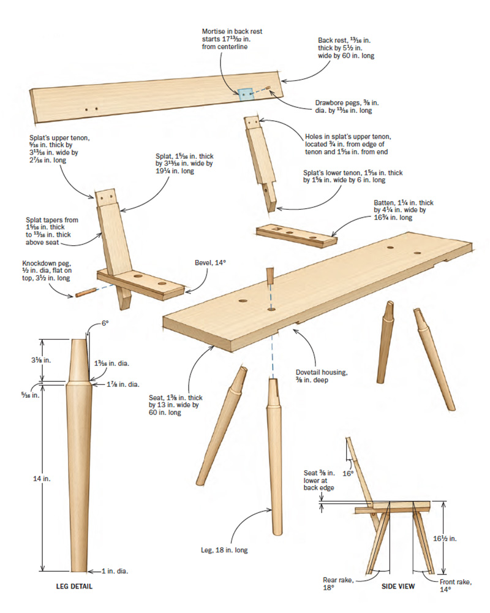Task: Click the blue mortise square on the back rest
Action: (246, 94)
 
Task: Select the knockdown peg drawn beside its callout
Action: (85, 292)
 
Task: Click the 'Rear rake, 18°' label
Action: (339, 584)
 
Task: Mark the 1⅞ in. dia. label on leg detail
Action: (123, 384)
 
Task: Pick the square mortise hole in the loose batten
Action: (277, 230)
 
